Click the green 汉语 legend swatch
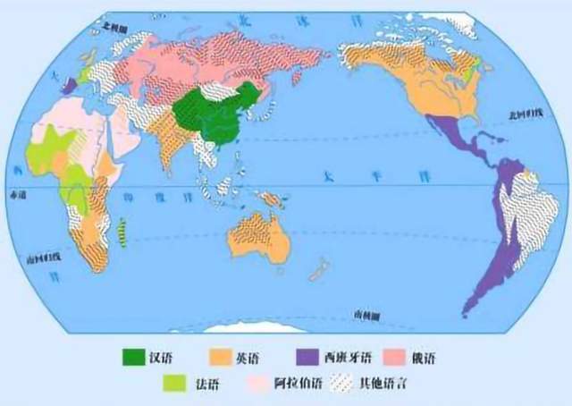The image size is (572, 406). click(135, 359)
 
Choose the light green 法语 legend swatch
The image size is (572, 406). click(174, 385)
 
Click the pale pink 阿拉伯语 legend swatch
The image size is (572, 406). click(265, 385)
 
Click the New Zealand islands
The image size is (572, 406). click(315, 269)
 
